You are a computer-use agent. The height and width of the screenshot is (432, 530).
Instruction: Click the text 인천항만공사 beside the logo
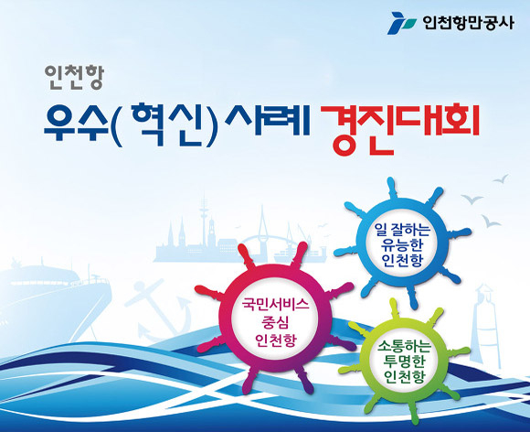coord(468,24)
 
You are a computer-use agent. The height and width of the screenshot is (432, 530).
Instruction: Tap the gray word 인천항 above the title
coord(74,78)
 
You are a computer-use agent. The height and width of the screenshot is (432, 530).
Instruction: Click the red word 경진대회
coord(400,129)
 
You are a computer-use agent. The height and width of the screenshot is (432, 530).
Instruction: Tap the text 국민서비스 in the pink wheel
coord(276,305)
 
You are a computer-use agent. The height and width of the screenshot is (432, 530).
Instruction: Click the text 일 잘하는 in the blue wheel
coord(402,230)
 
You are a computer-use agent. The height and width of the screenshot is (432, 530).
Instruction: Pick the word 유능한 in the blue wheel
coord(402,245)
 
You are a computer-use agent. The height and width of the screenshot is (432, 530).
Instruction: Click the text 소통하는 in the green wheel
coord(404,347)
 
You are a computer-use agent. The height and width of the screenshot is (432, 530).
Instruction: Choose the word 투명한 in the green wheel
coord(404,362)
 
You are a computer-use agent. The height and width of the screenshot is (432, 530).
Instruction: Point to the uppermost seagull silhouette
coord(501,178)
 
